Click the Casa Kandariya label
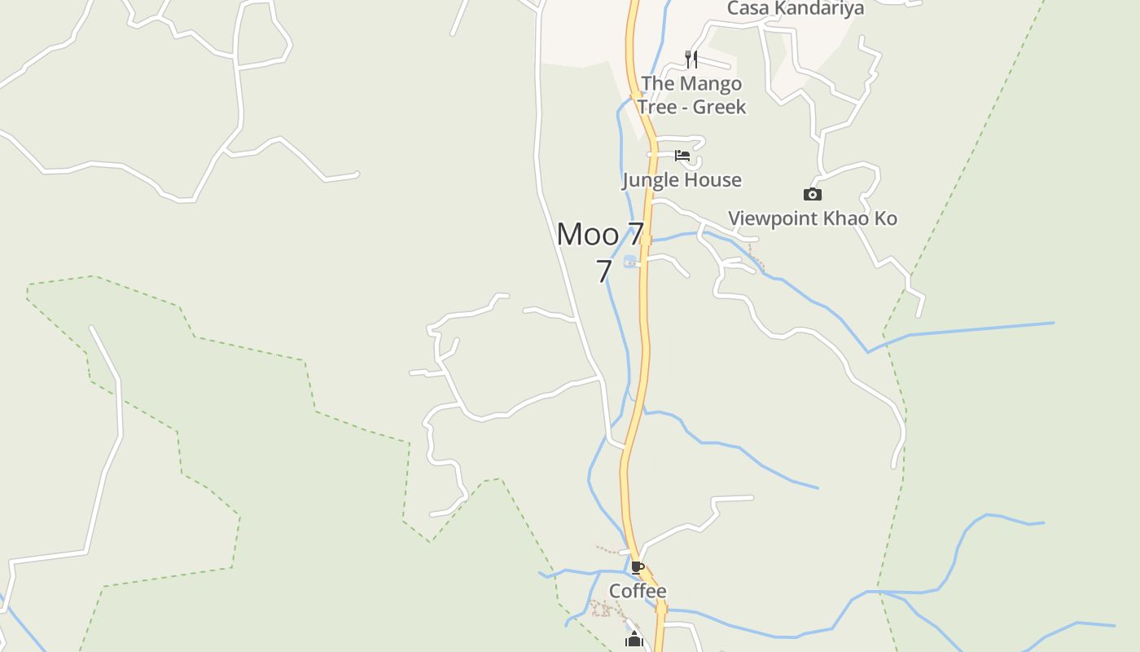click(795, 8)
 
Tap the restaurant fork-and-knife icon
click(691, 59)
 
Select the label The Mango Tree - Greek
click(691, 95)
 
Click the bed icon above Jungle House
click(682, 156)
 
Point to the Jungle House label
click(682, 180)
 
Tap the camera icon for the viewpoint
click(812, 194)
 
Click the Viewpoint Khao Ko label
click(812, 218)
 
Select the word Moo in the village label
click(588, 235)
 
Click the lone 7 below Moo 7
click(603, 271)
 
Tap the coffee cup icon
click(638, 567)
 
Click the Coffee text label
click(638, 591)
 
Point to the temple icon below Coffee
click(634, 641)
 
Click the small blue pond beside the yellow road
click(629, 262)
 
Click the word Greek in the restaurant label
click(719, 107)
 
